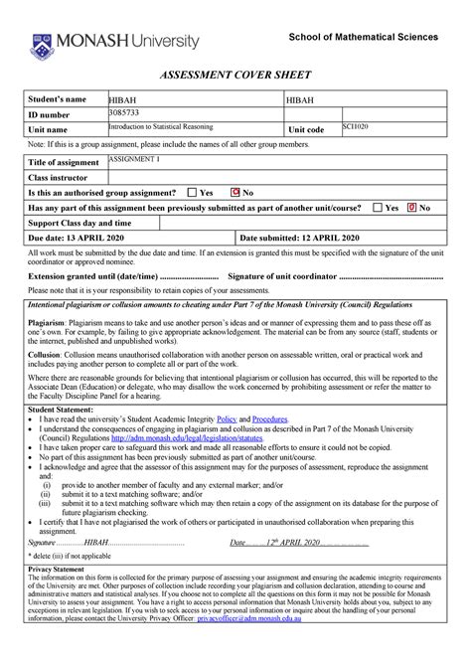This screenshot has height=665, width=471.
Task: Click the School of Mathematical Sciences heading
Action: pos(362,37)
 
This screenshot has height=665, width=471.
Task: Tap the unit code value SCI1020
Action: pos(356,128)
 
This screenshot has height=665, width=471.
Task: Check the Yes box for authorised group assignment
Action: pos(192,192)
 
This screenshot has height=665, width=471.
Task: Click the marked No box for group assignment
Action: pos(235,192)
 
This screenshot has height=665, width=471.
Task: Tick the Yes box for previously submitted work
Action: pos(377,208)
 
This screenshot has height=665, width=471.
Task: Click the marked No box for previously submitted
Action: pos(412,208)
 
